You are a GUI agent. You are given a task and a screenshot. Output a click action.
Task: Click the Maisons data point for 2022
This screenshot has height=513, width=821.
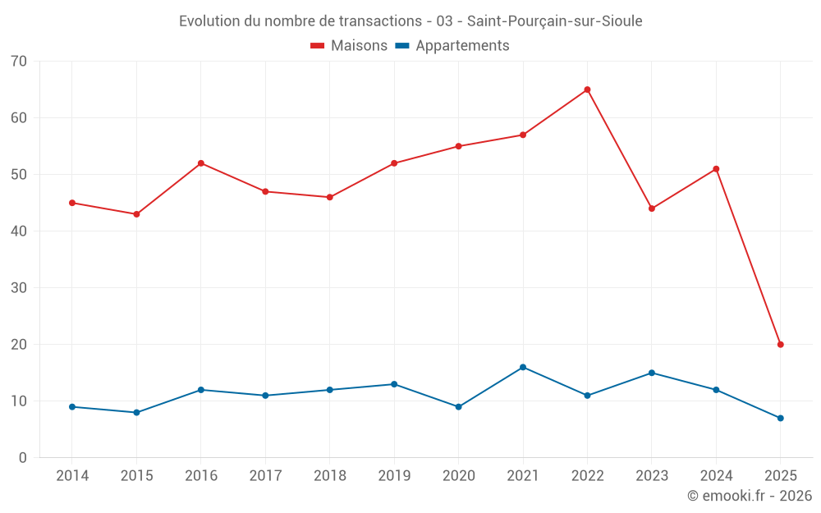587,89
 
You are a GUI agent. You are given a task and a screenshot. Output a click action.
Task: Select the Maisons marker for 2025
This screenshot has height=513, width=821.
780,345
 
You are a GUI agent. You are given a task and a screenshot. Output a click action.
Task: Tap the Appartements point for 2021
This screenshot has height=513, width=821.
523,367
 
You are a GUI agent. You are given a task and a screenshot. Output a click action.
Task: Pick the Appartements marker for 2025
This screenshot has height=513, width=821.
780,418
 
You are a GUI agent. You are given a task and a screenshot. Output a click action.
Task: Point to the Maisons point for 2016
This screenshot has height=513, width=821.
200,163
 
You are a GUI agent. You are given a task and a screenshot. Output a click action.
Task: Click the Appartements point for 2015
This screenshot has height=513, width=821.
136,412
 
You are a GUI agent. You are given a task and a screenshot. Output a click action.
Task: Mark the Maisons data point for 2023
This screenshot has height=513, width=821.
651,208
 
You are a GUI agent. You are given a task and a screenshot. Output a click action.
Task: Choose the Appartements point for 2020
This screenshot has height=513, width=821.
458,406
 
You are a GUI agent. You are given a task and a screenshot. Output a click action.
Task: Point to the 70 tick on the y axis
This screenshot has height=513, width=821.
19,62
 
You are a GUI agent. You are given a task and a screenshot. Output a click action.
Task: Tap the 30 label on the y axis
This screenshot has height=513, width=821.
19,288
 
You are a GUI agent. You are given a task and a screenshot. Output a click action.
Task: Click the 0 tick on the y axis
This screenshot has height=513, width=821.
23,458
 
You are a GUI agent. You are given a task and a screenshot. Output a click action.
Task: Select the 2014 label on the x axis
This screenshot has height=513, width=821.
72,476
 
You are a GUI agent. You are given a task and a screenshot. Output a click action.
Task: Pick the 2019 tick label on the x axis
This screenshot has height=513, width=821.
394,476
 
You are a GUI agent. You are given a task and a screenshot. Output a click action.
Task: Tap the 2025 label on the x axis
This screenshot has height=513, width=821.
780,476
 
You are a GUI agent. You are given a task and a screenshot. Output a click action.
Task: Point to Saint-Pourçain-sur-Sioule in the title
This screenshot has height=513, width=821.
555,21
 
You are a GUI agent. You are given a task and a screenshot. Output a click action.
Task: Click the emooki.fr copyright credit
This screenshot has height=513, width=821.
750,496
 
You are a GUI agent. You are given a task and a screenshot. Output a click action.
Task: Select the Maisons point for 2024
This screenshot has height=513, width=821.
716,169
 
